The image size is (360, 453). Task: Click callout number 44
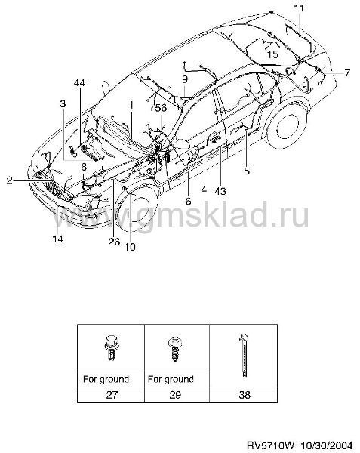80,82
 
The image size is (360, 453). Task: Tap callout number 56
161,108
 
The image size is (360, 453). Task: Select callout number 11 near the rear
299,8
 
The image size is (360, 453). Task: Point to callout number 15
272,54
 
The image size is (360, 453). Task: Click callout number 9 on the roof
185,79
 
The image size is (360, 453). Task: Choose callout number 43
220,191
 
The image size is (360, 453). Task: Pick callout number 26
114,242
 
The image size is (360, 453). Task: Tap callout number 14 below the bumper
58,239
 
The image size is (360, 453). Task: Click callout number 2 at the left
10,180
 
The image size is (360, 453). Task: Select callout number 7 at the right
347,72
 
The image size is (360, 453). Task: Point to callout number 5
247,171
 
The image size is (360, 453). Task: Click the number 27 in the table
112,394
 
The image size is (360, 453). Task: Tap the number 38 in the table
245,394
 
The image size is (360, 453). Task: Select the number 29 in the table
175,394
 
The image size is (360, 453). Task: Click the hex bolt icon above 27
112,348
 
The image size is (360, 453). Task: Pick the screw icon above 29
175,349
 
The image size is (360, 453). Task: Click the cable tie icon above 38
245,356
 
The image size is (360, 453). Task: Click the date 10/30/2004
327,445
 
